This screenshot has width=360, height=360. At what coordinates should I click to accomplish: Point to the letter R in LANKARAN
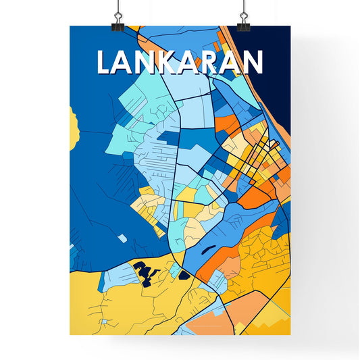[x=211, y=63]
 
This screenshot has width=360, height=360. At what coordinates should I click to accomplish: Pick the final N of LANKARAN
[x=251, y=63]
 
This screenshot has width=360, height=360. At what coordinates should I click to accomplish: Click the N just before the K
[x=149, y=63]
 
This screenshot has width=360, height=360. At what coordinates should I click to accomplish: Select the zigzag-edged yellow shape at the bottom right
[x=267, y=317]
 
